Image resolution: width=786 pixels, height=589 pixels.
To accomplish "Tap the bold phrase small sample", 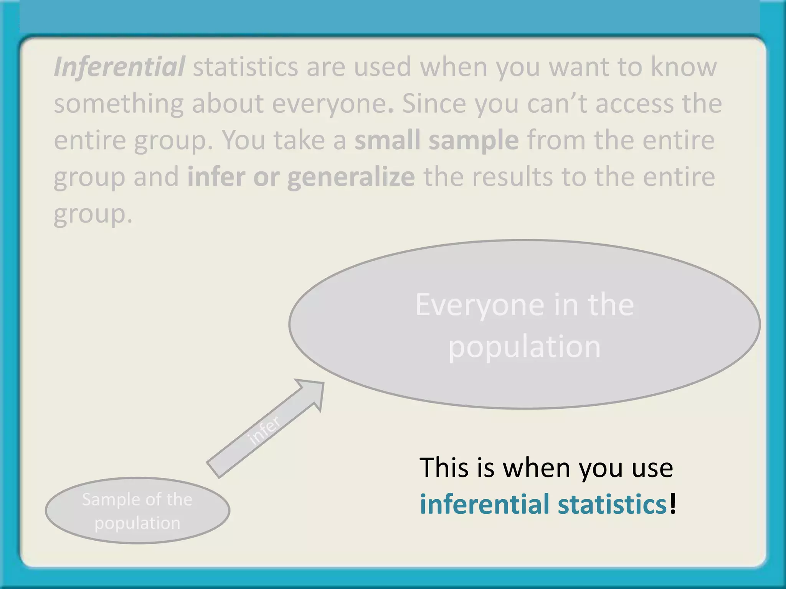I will coord(436,140).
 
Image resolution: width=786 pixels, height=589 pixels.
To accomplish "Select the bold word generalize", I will coord(351,177).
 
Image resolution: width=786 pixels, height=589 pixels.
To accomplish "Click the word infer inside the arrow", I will coord(264,430).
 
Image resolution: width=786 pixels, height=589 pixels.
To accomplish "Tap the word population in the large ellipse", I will coord(524,347).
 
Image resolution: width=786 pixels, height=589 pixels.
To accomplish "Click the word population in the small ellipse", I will coord(137,523).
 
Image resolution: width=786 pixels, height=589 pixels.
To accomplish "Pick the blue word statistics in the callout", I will coord(612,504).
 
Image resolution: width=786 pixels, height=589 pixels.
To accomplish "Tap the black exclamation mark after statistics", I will coord(672,504).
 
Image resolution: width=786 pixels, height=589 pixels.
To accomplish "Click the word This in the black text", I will coord(444,468).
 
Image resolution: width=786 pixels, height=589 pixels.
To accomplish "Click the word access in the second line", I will coord(634,104).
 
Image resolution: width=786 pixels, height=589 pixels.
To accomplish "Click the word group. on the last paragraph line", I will coord(93,214).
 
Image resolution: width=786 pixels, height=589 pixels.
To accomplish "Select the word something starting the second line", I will coord(119,104).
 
